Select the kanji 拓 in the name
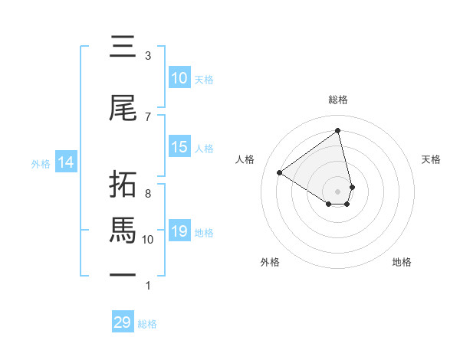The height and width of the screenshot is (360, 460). pyautogui.click(x=123, y=185)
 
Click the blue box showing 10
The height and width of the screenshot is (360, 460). pyautogui.click(x=179, y=78)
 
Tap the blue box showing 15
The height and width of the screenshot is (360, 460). pyautogui.click(x=179, y=147)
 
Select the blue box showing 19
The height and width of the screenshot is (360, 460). pyautogui.click(x=179, y=231)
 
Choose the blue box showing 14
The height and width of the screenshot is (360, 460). pyautogui.click(x=65, y=162)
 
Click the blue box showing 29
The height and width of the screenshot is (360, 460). pyautogui.click(x=123, y=322)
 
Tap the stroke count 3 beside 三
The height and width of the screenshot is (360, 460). pyautogui.click(x=148, y=56)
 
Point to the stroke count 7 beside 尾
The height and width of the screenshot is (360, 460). pyautogui.click(x=148, y=116)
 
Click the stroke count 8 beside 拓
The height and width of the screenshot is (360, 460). pyautogui.click(x=148, y=194)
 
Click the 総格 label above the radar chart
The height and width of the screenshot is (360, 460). pyautogui.click(x=338, y=100)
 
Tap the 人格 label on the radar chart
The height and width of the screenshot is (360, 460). pyautogui.click(x=245, y=159)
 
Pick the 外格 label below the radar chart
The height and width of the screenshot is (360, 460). pyautogui.click(x=270, y=262)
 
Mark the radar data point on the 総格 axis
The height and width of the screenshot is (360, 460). pyautogui.click(x=338, y=130)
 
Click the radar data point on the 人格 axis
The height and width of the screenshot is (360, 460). pyautogui.click(x=280, y=173)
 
